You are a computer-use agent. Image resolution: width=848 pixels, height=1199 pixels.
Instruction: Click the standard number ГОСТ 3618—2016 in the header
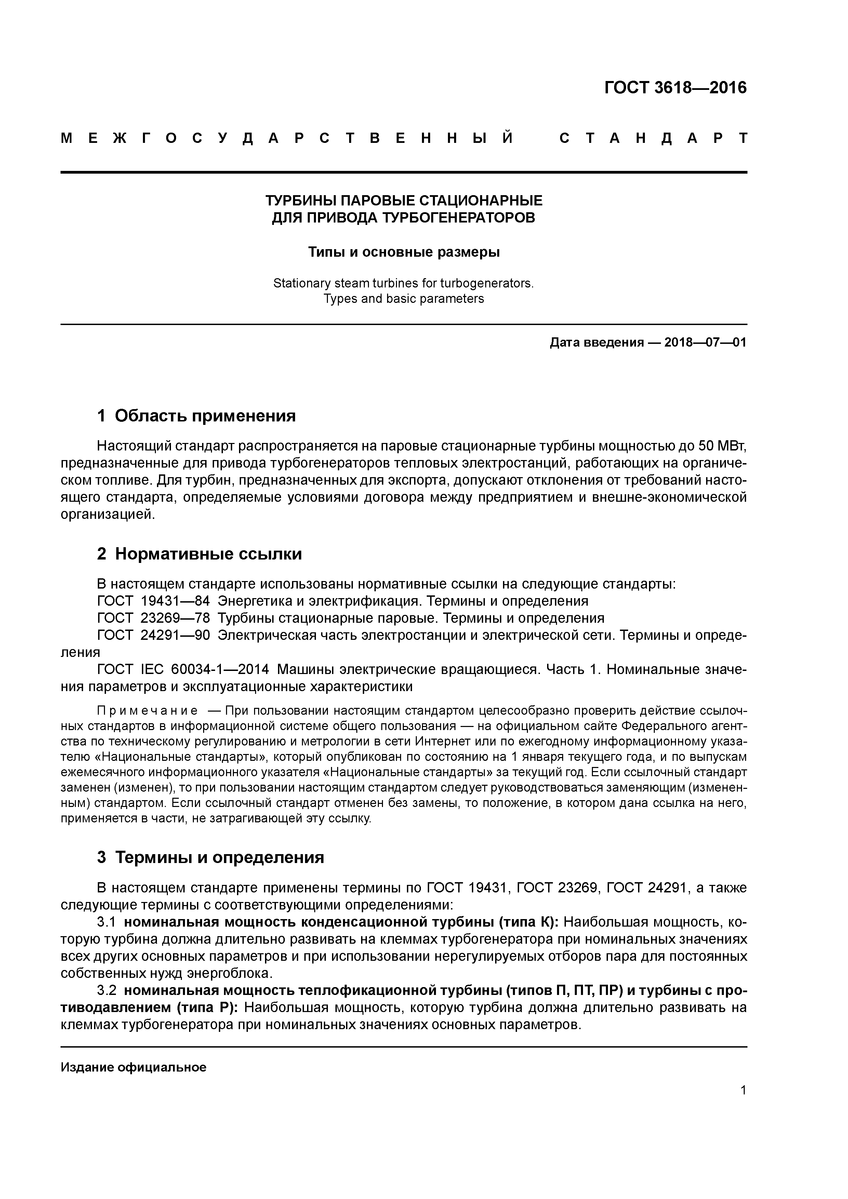[675, 88]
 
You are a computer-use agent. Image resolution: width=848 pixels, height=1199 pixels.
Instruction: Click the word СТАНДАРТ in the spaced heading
[653, 138]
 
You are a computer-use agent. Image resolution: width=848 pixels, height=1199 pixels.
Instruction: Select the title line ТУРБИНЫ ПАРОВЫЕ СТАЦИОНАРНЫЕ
[403, 201]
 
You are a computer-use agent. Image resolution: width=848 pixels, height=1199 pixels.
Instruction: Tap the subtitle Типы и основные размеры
[403, 252]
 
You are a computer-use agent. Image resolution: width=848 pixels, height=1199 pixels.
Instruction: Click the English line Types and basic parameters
[403, 299]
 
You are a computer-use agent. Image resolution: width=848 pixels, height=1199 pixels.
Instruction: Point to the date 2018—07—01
[705, 342]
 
